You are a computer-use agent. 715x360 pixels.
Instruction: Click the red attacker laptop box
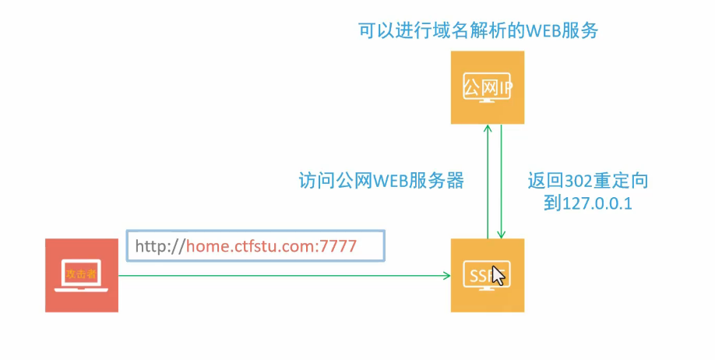[x=81, y=275]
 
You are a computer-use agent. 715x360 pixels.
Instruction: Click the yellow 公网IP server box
[x=487, y=87]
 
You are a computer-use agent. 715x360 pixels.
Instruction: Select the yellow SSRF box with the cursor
[x=487, y=275]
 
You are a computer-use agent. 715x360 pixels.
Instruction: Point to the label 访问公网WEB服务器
[x=382, y=181]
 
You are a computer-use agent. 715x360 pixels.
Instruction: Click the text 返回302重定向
[x=587, y=181]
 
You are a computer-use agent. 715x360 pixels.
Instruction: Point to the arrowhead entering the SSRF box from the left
[x=447, y=275]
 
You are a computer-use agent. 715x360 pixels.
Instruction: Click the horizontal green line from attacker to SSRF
[x=280, y=275]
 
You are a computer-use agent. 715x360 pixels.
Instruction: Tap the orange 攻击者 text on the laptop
[x=81, y=272]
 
